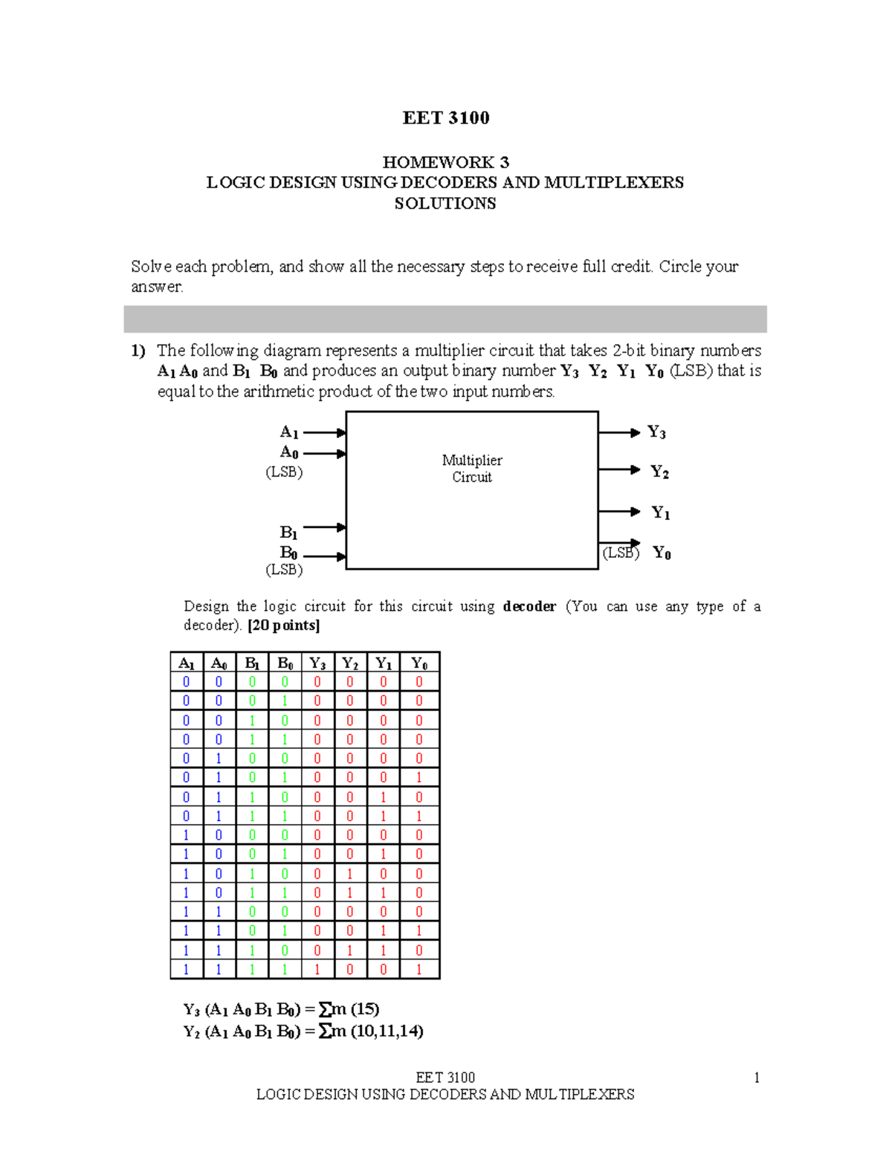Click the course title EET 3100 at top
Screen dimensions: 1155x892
[x=445, y=118]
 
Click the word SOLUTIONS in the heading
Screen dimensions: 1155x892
[x=445, y=204]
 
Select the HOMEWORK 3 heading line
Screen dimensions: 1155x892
[x=445, y=162]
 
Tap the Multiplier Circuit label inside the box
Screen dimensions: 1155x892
[x=472, y=469]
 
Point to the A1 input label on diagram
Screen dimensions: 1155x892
[x=289, y=432]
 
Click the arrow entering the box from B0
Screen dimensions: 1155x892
[x=325, y=556]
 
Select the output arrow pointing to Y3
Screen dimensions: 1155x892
[x=618, y=432]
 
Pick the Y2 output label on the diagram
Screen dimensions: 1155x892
[x=659, y=472]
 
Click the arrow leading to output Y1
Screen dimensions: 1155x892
[x=618, y=512]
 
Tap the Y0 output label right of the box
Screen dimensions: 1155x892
[x=662, y=553]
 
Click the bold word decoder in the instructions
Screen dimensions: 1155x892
[x=529, y=606]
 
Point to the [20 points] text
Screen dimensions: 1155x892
[x=284, y=625]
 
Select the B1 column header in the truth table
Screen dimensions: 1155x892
[x=252, y=663]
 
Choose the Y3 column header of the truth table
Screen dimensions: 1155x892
[x=317, y=663]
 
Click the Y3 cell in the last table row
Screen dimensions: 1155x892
[x=317, y=969]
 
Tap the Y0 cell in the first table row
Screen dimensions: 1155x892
[x=419, y=682]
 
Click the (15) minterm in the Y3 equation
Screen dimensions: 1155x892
[x=364, y=1009]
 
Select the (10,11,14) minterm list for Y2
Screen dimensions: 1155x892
[x=387, y=1032]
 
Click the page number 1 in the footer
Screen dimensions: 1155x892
[x=757, y=1078]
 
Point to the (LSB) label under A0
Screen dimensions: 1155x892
[x=284, y=472]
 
